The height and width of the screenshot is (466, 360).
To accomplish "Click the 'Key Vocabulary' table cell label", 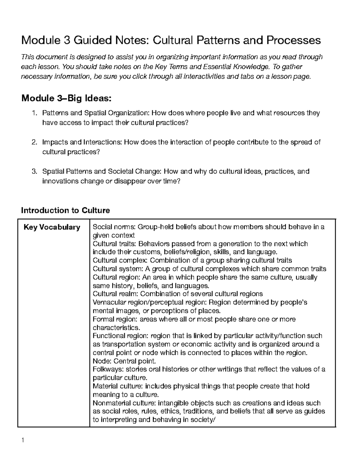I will tap(52, 227).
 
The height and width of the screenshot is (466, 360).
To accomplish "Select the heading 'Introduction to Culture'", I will tap(65, 210).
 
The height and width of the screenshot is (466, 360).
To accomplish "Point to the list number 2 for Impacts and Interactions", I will tap(34, 142).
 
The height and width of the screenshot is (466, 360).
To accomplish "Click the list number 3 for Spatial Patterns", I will tap(34, 172).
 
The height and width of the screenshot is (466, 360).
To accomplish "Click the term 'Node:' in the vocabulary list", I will tap(101, 361).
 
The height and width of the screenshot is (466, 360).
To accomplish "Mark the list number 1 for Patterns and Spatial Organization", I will tap(34, 113).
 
